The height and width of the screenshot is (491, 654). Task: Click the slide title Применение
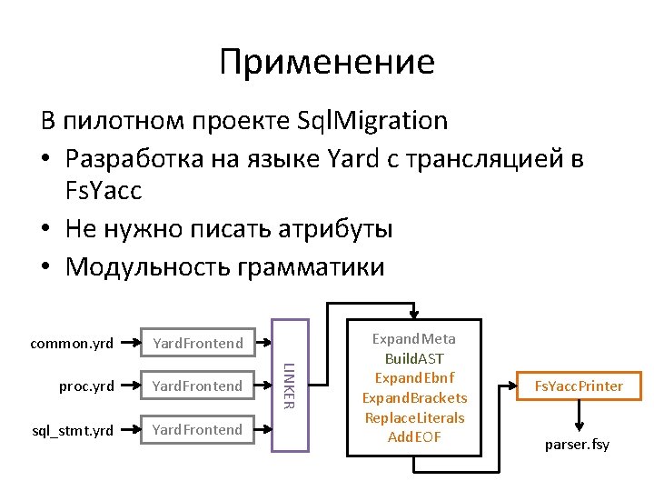(x=327, y=63)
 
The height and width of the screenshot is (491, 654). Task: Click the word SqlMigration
(x=372, y=120)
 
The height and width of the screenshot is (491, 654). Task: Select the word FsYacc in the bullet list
(x=104, y=193)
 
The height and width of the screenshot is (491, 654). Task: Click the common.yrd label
(x=72, y=344)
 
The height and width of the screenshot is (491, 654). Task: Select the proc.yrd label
(x=86, y=386)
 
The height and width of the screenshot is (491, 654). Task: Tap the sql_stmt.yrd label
(x=73, y=429)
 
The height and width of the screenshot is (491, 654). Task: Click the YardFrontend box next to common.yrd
(x=198, y=344)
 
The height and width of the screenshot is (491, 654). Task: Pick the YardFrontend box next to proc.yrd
(x=198, y=386)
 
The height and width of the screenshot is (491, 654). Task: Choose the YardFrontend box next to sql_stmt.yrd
(x=198, y=429)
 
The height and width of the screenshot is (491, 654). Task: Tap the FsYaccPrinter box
(x=579, y=386)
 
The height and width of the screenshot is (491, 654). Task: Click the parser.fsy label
(x=577, y=445)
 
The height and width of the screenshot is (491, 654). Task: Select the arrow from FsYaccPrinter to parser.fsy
(x=578, y=416)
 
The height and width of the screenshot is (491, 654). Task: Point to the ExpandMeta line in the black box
(x=414, y=339)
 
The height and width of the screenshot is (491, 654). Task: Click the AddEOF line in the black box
(x=414, y=437)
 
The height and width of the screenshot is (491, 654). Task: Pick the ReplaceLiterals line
(x=414, y=417)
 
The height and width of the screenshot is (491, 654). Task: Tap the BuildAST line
(x=414, y=359)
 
